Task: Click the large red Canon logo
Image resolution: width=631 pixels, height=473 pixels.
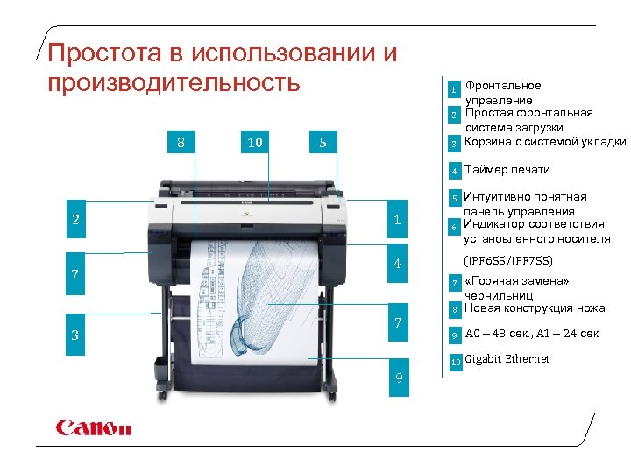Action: [x=93, y=427]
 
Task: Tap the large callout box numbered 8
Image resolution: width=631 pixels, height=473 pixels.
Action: [x=181, y=142]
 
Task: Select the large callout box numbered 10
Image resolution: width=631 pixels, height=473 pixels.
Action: [x=254, y=142]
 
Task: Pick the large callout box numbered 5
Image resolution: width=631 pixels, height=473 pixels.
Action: [x=323, y=142]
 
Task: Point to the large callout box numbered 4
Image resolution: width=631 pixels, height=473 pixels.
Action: [x=397, y=264]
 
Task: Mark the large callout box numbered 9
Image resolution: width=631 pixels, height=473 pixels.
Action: [x=399, y=378]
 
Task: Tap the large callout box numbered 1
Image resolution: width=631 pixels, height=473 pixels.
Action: [x=397, y=220]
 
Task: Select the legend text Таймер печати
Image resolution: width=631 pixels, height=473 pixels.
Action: [x=507, y=169]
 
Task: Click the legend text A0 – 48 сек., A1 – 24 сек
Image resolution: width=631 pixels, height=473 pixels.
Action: [x=531, y=333]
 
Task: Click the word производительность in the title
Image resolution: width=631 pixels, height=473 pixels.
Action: [x=174, y=83]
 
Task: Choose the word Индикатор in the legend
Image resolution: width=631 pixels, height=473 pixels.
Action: [x=495, y=224]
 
